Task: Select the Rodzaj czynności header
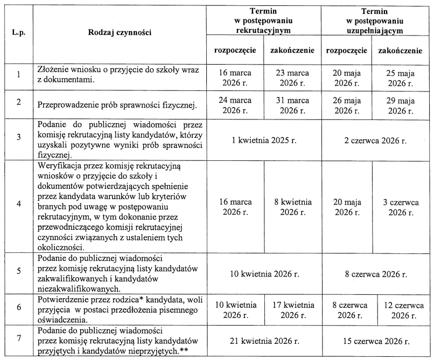(120, 32)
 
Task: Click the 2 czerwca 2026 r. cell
(376, 140)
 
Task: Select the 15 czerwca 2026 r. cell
(376, 341)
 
